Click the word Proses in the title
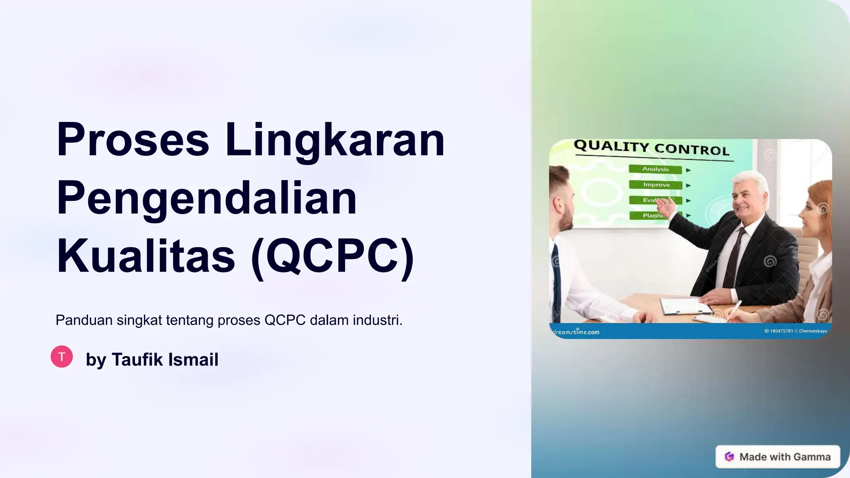133,140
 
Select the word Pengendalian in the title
207,198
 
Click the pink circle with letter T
62,356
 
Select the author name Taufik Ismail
165,359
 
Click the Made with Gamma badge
777,457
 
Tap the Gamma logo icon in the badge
729,457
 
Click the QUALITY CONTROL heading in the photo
651,148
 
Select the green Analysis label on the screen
655,169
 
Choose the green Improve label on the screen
656,185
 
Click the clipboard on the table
685,306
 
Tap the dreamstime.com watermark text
576,332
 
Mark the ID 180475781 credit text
778,331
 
